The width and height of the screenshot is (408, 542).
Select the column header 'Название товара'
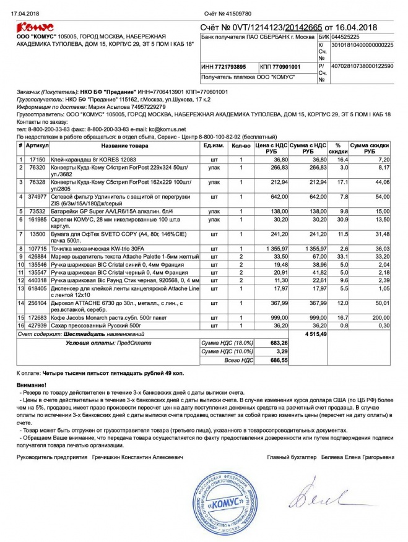[x=125, y=145]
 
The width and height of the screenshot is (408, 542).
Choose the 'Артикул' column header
[x=37, y=145]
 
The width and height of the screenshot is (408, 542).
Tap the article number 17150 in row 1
[x=38, y=159]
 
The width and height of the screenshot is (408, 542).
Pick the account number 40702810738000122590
[x=362, y=66]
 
